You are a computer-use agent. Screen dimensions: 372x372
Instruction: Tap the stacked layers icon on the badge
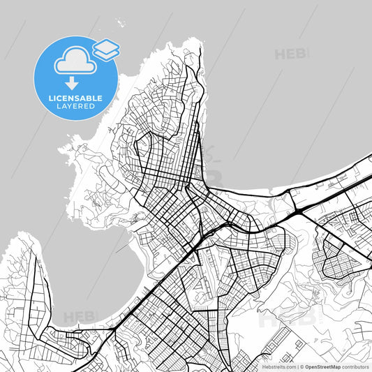coord(106,48)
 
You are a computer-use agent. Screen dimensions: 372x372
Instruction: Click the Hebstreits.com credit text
coord(278,366)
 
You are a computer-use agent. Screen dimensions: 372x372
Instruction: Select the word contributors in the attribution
coord(356,366)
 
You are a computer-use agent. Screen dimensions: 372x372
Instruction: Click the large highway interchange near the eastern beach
coord(299,207)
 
